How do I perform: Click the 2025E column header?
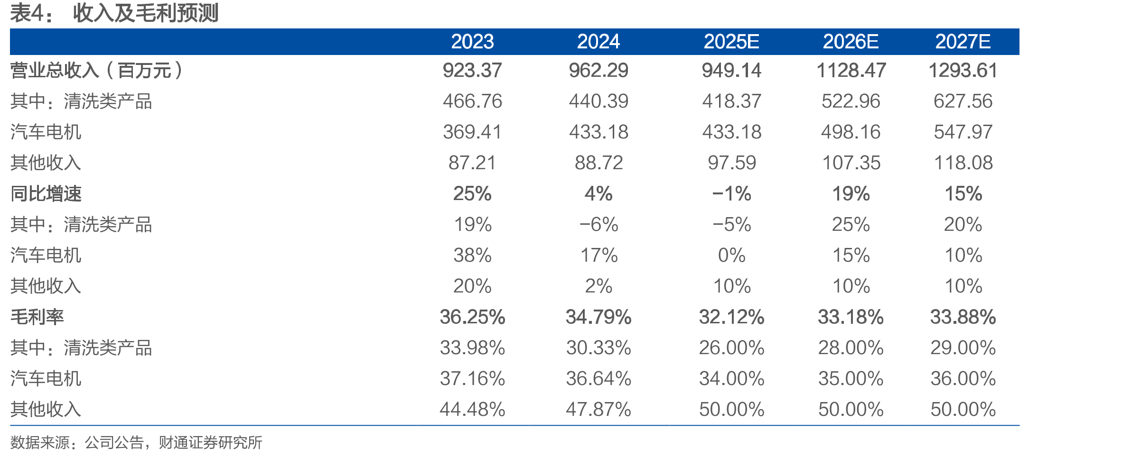coord(731,42)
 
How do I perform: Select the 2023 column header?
coord(472,42)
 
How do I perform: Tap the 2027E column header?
coord(963,42)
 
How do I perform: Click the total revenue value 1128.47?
coord(851,71)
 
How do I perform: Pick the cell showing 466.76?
coord(472,101)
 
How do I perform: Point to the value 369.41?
coord(472,132)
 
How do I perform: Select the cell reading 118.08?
coord(963,163)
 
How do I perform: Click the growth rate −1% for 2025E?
coord(731,194)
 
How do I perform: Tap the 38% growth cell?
coord(472,256)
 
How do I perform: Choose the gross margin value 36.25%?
coord(472,317)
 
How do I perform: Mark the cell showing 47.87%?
coord(598,410)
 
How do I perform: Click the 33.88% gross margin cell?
coord(963,317)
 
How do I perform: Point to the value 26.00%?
coord(731,348)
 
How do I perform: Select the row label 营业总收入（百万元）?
coord(97,71)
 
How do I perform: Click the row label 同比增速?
coord(46,194)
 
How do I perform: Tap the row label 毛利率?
coord(37,317)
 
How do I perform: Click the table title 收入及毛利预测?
coord(146,13)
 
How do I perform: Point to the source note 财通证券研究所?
coord(210,442)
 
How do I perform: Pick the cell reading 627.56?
coord(963,101)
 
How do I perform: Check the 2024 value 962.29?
coord(598,71)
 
